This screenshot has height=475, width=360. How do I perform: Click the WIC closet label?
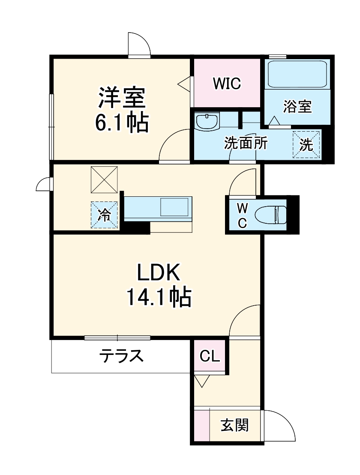[x=227, y=83]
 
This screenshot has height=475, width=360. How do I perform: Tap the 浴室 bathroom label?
[x=297, y=106]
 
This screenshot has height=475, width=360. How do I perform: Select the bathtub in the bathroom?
[x=297, y=74]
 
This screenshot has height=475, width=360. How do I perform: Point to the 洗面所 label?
[x=246, y=144]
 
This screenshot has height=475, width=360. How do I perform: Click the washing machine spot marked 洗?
[x=306, y=144]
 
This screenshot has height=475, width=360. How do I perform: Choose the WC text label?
[x=242, y=215]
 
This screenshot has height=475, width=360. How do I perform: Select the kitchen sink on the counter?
[x=174, y=207]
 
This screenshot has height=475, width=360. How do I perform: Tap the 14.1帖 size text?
[x=159, y=297]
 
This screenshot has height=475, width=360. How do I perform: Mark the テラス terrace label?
[x=121, y=355]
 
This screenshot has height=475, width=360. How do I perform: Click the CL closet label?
[x=210, y=355]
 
